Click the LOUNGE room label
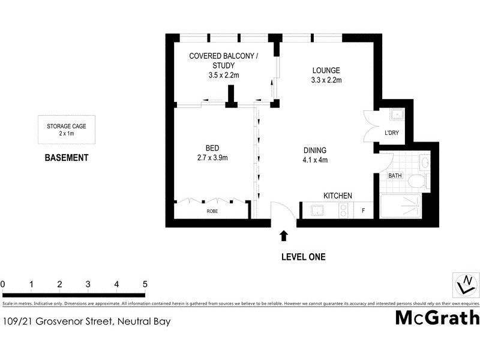(326, 70)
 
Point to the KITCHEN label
(338, 196)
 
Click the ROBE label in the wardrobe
(212, 212)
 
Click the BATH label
(395, 176)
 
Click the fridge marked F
(363, 211)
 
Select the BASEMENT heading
(67, 158)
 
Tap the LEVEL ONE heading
(303, 257)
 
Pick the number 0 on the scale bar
(3, 284)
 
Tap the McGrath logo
(437, 317)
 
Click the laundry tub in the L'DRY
(396, 115)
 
